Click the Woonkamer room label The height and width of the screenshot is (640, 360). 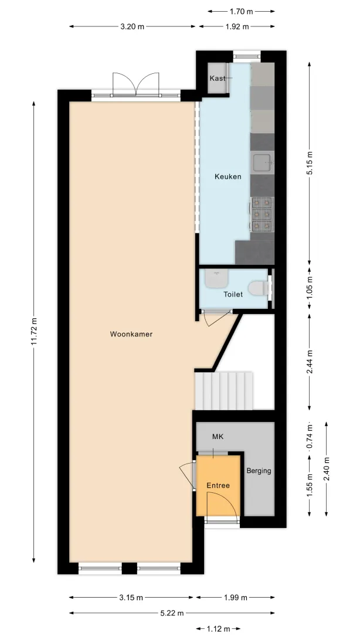pos(131,334)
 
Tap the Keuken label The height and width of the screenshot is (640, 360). pos(227,177)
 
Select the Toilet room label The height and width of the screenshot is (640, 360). pos(233,294)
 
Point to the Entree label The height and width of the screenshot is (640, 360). pos(218,485)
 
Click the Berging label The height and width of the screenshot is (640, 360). pos(259,471)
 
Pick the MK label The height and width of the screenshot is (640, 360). pos(218,437)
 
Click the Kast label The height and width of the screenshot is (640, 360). pos(217,78)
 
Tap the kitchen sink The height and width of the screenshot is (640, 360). pos(263,162)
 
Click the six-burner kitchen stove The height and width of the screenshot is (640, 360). pos(262,215)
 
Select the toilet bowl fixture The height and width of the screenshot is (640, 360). pos(259,288)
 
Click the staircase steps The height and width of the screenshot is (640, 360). pos(223,390)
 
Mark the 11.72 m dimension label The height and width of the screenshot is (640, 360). pos(34,332)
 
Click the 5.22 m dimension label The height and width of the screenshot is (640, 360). pos(171,612)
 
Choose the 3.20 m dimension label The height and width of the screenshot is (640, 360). pos(132,26)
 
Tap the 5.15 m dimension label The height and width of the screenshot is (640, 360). pos(310,164)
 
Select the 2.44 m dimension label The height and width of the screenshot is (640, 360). pos(310,362)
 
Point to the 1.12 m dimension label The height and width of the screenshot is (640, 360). pos(218,628)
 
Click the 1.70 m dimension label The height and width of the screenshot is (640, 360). pos(241,12)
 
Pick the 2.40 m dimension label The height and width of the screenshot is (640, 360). pos(326,469)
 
